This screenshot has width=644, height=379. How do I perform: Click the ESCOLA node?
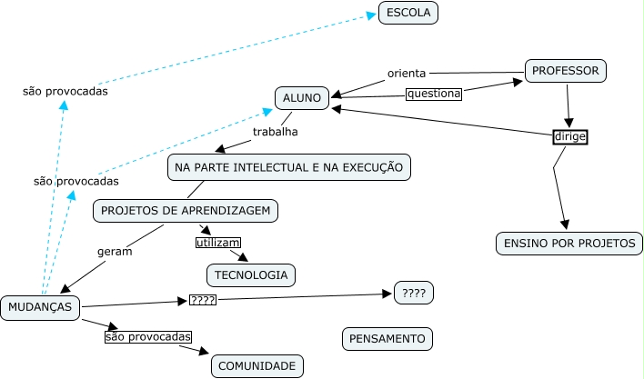coord(408,13)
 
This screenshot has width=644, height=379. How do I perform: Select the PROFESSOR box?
coord(565,70)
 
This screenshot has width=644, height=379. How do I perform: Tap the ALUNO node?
coord(301,98)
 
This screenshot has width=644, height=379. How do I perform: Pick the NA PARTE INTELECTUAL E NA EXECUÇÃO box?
coord(288,167)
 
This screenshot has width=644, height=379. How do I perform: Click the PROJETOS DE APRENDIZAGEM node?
coord(186,211)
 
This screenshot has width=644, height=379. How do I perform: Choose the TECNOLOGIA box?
coord(251,274)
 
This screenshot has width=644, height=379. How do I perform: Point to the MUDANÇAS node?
coord(40,306)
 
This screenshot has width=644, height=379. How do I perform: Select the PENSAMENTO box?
coord(387,339)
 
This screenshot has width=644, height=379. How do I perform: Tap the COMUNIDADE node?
coord(257,366)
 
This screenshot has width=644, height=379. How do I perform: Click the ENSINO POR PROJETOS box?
coord(569,244)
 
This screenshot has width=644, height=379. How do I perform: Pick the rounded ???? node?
coord(413,293)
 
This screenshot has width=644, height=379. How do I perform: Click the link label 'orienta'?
coord(407,73)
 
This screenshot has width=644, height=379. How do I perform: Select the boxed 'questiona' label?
coord(434,93)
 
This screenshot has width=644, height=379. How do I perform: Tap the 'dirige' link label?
coord(570,137)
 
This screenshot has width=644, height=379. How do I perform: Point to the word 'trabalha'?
coord(276,132)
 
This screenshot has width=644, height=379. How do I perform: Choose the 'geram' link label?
coord(115,252)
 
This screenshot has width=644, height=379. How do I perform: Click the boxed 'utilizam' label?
coord(218,243)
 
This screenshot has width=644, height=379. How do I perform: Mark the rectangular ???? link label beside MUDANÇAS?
coord(201,300)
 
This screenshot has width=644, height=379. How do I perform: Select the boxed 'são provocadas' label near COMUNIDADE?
coord(149,337)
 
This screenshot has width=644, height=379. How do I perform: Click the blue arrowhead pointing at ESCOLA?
coord(384,14)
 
